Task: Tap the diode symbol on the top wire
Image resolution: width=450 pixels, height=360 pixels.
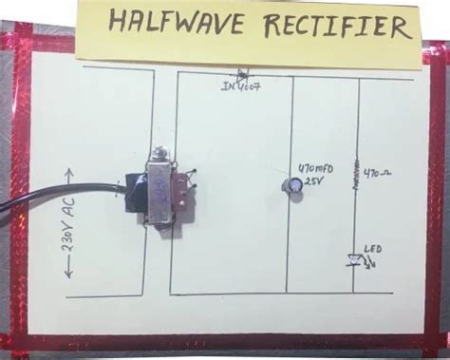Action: [243, 73]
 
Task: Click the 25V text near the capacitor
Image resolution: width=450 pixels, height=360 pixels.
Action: [314, 180]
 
